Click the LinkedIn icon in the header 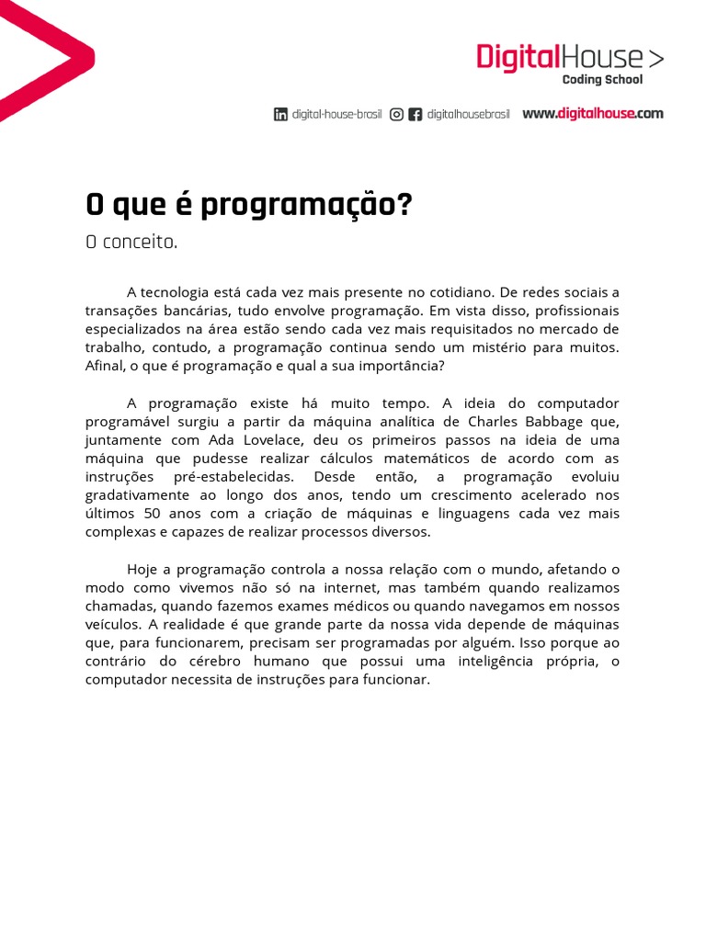(280, 115)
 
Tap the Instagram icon (396, 115)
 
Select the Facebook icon (416, 115)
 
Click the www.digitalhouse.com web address (592, 114)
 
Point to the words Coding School (602, 80)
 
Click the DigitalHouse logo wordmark (569, 57)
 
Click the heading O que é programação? (248, 205)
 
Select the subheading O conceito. (131, 244)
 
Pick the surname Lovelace (273, 440)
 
